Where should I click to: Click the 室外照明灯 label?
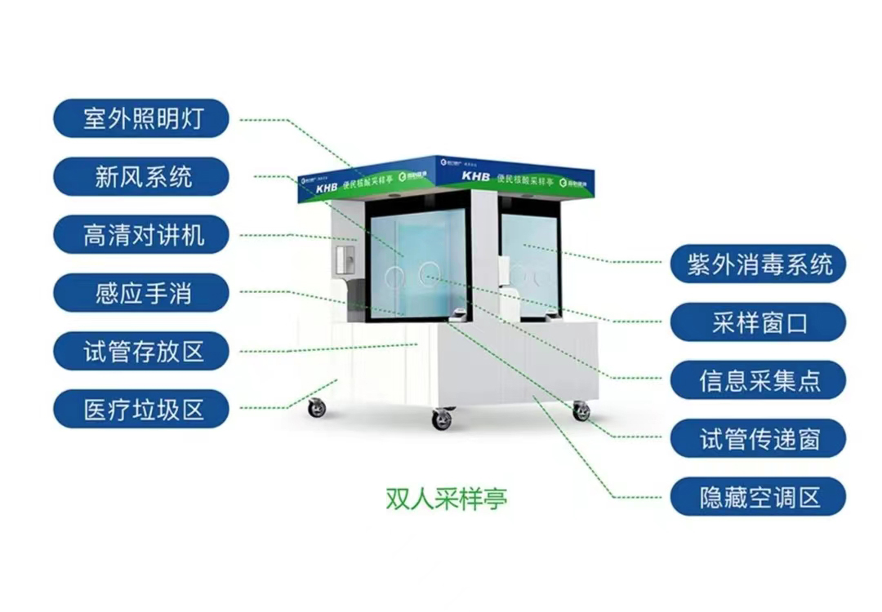[141, 119]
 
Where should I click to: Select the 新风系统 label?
[141, 177]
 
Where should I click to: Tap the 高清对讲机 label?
[141, 235]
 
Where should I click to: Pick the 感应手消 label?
[141, 293]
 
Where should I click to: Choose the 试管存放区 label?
[141, 352]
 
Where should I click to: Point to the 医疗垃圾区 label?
[141, 409]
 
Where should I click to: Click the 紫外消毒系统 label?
[758, 264]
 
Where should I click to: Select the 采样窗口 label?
[758, 322]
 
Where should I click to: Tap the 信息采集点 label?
[758, 380]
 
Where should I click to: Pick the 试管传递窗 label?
[758, 438]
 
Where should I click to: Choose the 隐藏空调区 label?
[758, 496]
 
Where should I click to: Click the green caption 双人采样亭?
[446, 497]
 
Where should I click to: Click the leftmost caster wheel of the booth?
[317, 408]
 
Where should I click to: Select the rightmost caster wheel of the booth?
[581, 411]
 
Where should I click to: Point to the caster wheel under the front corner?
[442, 419]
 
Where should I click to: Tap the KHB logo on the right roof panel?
[475, 175]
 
